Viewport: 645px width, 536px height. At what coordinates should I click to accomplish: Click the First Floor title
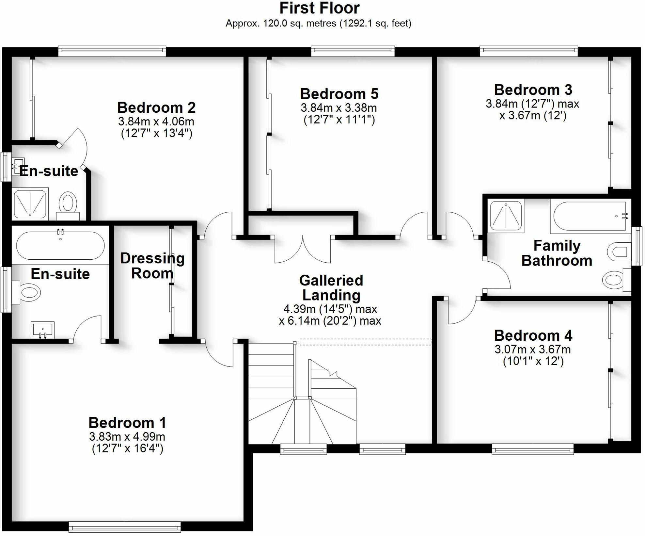(x=319, y=8)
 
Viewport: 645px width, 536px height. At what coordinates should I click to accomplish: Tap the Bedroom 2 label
(x=156, y=108)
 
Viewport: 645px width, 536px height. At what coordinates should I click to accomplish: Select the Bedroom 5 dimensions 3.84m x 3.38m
(x=338, y=108)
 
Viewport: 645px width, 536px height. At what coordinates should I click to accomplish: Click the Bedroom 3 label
(x=533, y=90)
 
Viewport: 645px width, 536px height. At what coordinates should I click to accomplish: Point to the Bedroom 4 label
(x=533, y=336)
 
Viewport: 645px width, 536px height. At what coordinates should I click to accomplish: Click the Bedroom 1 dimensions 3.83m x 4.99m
(x=127, y=437)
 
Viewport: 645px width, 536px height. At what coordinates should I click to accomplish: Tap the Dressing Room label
(x=152, y=266)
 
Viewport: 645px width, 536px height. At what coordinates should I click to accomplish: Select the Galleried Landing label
(x=331, y=288)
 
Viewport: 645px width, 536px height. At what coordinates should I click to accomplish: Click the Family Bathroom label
(x=557, y=253)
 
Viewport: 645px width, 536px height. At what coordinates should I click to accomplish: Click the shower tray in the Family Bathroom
(x=506, y=216)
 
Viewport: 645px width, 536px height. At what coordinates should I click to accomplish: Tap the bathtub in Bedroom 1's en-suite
(x=60, y=246)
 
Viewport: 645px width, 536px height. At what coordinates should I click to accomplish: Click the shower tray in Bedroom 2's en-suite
(x=30, y=203)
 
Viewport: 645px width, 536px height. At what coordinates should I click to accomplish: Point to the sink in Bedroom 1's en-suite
(x=42, y=329)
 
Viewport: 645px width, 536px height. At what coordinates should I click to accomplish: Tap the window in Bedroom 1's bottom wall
(x=125, y=527)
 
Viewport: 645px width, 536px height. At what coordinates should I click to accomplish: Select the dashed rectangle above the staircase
(x=365, y=342)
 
